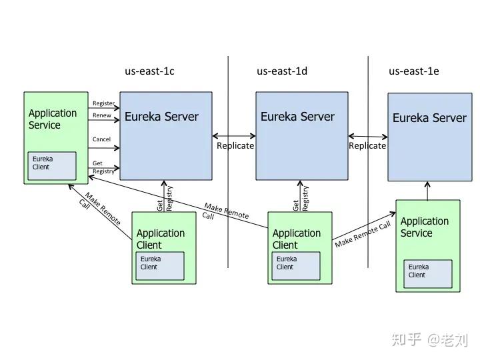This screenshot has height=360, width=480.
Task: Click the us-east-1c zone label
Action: click(149, 71)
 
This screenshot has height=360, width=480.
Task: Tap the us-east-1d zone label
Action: click(282, 71)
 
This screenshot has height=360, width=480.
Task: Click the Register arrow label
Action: click(103, 103)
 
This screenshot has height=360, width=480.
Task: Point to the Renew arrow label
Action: click(102, 115)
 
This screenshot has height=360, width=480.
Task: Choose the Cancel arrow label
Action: click(102, 139)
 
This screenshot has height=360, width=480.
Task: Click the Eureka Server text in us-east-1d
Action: click(297, 117)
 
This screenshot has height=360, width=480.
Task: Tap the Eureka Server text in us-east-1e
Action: click(429, 118)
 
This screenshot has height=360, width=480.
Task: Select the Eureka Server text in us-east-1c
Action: click(161, 117)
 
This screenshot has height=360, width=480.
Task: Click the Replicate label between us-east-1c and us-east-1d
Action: click(235, 145)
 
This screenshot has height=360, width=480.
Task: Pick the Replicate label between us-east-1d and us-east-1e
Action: click(367, 145)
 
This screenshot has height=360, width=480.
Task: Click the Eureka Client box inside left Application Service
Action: click(52, 166)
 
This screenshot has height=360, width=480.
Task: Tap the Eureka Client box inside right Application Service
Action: click(427, 273)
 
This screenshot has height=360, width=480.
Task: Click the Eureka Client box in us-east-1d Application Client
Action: click(295, 265)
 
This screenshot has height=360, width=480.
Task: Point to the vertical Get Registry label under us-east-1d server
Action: click(301, 198)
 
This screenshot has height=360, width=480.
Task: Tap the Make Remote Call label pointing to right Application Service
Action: click(363, 234)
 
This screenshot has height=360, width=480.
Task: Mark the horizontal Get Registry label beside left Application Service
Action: click(103, 167)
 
